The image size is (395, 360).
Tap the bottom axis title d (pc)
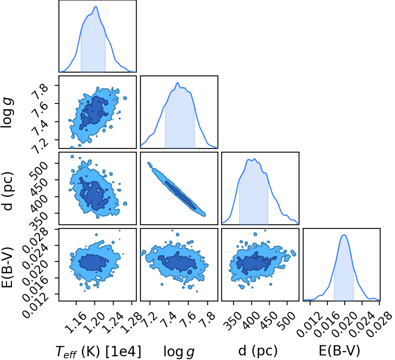(x=258, y=351)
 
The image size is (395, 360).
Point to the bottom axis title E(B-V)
(x=339, y=351)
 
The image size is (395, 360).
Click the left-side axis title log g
(x=7, y=113)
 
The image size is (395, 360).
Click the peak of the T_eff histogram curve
(x=96, y=6)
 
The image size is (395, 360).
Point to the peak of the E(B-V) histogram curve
(x=344, y=235)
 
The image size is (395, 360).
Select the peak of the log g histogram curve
(x=178, y=82)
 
